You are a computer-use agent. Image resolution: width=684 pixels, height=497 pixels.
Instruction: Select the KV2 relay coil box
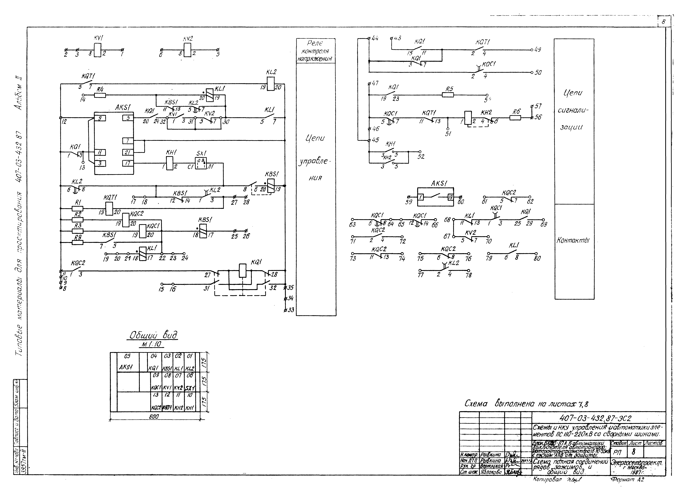pos(187,50)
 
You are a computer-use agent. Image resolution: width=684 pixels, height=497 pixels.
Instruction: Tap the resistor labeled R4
pos(100,95)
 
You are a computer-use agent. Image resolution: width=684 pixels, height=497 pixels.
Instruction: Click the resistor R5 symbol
pos(448,95)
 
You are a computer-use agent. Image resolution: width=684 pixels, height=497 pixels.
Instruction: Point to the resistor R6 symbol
pos(515,118)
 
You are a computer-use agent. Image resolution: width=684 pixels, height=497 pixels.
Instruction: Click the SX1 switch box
pos(201,163)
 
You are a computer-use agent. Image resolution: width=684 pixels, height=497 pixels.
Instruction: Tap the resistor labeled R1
pos(78,208)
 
